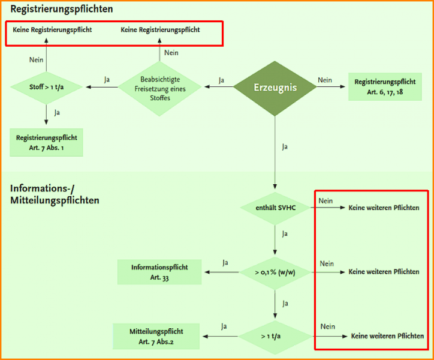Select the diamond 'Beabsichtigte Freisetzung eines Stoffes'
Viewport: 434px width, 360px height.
coord(160,88)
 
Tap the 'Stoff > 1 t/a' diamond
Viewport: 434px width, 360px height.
coord(46,88)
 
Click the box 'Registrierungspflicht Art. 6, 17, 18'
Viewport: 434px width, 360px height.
coord(385,86)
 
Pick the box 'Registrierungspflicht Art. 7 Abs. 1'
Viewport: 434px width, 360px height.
coord(47,142)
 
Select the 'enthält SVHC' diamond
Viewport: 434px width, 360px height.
coord(276,208)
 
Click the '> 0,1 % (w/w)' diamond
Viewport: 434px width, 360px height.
coord(276,272)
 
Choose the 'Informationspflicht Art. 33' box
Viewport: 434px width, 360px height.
coord(159,272)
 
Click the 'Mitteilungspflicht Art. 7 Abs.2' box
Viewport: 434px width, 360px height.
coord(156,336)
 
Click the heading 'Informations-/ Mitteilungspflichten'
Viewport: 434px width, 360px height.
coord(55,194)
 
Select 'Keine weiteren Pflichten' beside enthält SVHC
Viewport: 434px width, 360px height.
coord(384,208)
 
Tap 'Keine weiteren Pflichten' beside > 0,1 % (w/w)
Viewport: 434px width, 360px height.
coord(384,272)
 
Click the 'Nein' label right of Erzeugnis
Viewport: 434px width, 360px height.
coord(324,80)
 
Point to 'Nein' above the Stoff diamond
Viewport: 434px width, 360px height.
coord(37,59)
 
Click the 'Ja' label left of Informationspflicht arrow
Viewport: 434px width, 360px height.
coord(225,263)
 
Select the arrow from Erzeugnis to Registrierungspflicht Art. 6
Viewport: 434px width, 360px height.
coord(332,88)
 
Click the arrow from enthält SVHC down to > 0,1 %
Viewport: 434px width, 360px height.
coord(275,237)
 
